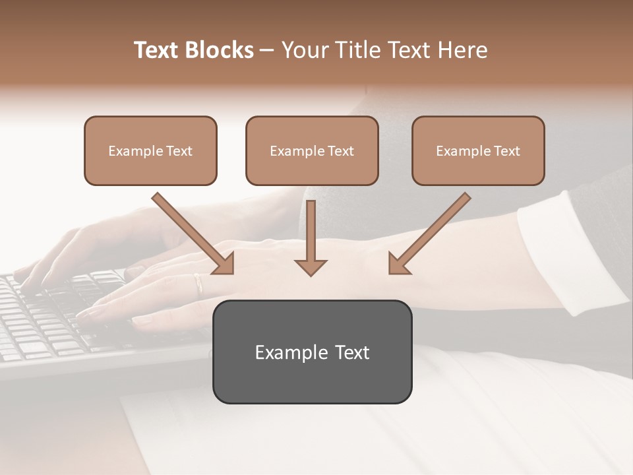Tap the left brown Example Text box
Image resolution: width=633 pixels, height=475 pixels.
[150, 151]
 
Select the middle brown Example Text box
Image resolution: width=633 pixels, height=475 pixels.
[312, 151]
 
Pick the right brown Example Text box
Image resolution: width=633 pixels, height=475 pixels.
[478, 151]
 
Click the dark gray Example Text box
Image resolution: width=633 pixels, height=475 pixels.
[312, 352]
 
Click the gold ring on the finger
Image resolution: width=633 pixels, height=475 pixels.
[198, 284]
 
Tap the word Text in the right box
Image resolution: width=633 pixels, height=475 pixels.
[506, 151]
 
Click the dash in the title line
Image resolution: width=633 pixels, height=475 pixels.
[267, 50]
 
